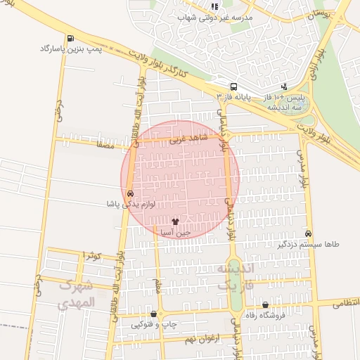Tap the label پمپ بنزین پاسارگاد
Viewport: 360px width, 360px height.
click(x=70, y=49)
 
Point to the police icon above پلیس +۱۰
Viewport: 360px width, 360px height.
click(x=284, y=86)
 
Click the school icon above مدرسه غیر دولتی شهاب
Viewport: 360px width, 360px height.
click(x=214, y=6)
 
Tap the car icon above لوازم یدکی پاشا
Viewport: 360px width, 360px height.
click(x=130, y=193)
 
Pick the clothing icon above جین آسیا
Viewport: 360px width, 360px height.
click(x=176, y=221)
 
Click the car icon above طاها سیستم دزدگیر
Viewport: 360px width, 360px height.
click(x=309, y=233)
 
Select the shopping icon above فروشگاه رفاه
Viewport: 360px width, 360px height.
click(x=265, y=305)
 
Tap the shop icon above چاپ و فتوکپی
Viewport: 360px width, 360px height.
click(x=154, y=314)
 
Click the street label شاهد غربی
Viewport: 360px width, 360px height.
click(x=184, y=139)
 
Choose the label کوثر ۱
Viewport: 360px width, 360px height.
click(x=92, y=255)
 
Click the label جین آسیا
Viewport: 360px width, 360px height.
click(x=176, y=231)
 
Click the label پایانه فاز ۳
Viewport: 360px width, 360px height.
click(x=238, y=94)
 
